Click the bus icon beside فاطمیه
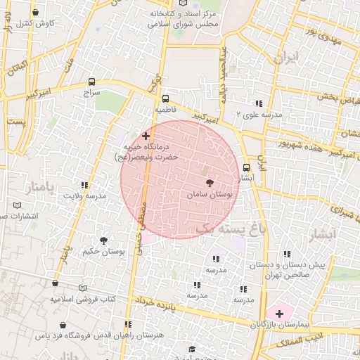coord(165,99)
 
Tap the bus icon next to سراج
coord(92,81)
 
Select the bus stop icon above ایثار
coord(246,167)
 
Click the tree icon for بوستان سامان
coord(210,182)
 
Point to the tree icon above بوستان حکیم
coord(104,240)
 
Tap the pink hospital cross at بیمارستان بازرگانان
coord(279,313)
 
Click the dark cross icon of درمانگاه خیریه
coord(146,135)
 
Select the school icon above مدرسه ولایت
coord(84,185)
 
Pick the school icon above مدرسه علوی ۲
coord(259,103)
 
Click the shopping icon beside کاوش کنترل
coord(35,12)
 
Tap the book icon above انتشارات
coord(18,205)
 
